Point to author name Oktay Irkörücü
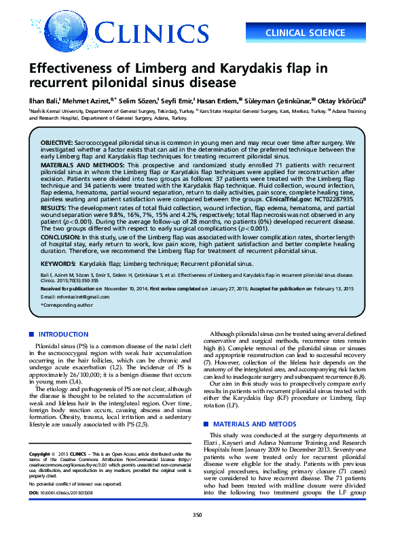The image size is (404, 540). point(343,100)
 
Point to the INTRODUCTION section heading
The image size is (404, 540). point(65,334)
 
